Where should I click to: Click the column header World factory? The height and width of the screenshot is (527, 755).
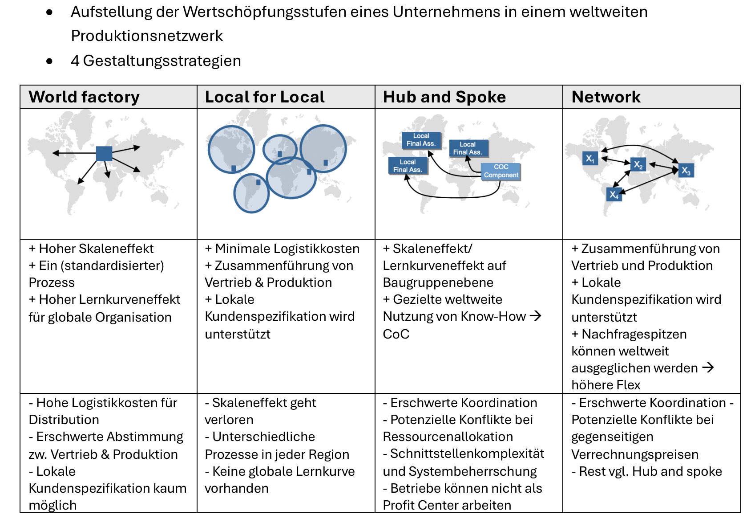[84, 97]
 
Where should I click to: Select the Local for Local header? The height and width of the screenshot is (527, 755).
[265, 97]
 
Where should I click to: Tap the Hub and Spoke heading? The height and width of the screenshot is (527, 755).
[444, 97]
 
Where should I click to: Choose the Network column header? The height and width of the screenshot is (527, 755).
[606, 97]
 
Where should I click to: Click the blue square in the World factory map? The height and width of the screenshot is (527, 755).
[104, 154]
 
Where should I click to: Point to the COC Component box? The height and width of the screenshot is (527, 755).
[501, 171]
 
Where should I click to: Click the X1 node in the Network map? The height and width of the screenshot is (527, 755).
[590, 159]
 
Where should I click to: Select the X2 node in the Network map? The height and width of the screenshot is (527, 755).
[638, 165]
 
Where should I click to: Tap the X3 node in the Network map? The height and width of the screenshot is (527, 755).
[686, 170]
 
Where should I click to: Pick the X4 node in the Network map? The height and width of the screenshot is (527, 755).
[614, 195]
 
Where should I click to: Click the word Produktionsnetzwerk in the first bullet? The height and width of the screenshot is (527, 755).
[147, 36]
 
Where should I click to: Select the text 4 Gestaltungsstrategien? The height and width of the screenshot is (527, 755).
[156, 61]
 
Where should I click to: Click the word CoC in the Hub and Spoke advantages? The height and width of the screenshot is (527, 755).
[396, 334]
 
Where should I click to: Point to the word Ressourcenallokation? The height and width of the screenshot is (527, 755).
[448, 437]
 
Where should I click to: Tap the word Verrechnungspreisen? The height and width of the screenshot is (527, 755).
[635, 454]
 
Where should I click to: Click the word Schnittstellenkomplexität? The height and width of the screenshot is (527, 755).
[467, 454]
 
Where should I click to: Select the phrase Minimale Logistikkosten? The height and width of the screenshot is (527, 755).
[287, 249]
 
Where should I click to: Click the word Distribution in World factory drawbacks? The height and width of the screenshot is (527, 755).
[64, 420]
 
